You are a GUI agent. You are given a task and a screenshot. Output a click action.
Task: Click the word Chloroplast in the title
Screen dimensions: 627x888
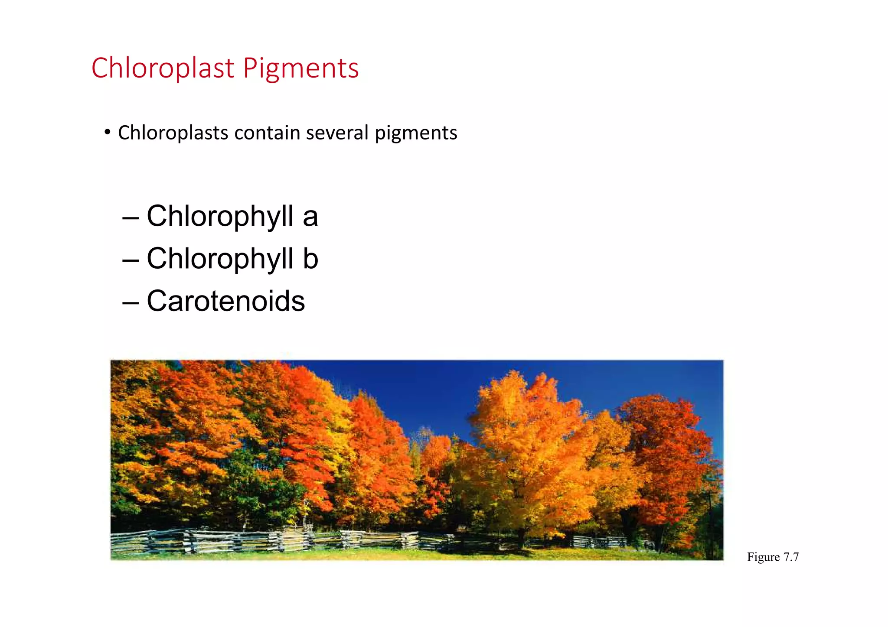tap(163, 68)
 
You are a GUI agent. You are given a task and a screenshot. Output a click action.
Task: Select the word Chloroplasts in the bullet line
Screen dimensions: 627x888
tap(173, 133)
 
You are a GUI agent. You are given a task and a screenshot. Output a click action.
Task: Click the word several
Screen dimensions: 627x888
tap(337, 133)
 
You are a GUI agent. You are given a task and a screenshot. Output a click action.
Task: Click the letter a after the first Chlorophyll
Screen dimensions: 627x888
tap(310, 217)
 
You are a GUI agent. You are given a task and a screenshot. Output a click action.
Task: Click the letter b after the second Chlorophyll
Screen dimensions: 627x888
tap(310, 259)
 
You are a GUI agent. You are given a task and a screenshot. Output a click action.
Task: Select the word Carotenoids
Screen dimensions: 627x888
tap(225, 301)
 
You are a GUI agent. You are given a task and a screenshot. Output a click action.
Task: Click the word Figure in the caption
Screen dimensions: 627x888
tap(763, 557)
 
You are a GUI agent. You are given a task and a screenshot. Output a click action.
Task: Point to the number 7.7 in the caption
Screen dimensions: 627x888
tap(791, 557)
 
